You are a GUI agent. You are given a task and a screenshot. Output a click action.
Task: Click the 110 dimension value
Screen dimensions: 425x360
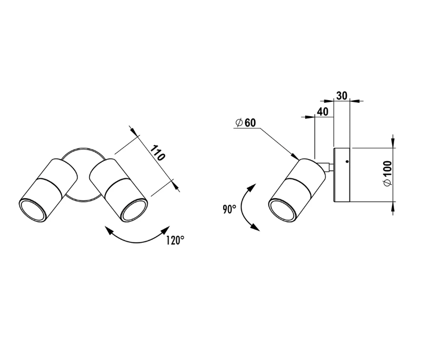157,153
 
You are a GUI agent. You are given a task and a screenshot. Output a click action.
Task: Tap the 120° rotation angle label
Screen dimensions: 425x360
175,241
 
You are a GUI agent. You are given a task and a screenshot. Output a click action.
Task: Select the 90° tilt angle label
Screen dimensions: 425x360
229,209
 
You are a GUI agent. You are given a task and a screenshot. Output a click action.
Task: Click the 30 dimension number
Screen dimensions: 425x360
342,96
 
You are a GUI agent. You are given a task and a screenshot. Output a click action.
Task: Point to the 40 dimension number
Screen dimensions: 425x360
323,111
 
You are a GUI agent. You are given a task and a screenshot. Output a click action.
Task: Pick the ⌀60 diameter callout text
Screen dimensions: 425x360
246,123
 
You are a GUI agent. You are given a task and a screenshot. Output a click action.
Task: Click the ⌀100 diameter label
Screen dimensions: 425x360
388,174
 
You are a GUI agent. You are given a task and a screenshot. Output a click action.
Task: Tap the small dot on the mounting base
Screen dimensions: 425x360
347,161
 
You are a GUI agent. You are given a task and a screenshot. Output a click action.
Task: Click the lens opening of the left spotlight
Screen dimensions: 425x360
32,211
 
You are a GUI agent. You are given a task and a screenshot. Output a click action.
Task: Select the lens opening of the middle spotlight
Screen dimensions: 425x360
134,210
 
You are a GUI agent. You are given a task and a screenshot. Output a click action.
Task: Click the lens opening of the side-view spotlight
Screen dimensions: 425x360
282,211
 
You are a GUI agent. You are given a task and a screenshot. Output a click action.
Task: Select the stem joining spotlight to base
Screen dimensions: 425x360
325,166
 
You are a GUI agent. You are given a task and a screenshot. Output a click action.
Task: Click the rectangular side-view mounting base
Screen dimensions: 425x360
341,175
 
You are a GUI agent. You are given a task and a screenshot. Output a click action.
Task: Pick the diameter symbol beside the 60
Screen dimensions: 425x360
239,123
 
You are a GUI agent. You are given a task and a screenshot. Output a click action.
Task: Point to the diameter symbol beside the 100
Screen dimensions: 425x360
388,183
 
